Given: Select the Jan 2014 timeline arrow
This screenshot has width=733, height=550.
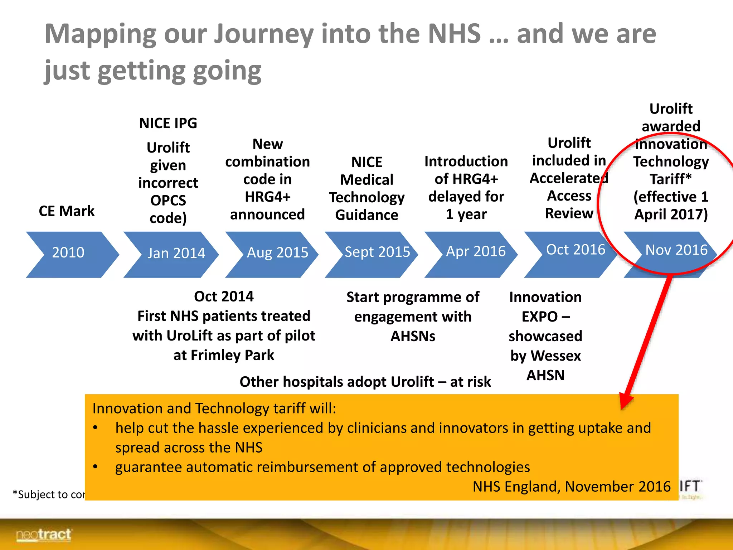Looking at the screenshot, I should pos(172,254).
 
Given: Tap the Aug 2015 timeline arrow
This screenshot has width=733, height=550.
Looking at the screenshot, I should pos(274,254).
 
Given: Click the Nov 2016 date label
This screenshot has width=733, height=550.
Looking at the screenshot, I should pos(676,250).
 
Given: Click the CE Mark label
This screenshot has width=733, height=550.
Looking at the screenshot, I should pos(67,211).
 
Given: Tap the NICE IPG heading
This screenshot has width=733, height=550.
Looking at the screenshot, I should pos(168,124).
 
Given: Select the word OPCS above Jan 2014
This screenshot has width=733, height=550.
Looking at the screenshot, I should pos(168,201).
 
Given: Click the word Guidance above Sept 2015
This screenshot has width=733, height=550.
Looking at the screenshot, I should pos(366,215).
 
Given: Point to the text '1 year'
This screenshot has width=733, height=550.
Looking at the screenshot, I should pos(466,214).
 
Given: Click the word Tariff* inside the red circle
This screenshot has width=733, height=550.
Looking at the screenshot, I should pos(670,179).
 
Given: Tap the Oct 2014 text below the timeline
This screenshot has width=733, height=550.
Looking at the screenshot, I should pos(224,296).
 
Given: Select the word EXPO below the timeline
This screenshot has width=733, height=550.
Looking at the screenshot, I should pos(539,317).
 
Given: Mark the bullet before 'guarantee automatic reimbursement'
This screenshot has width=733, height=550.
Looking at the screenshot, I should pos(95,467).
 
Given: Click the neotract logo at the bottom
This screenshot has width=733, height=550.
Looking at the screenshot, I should pos(44,535).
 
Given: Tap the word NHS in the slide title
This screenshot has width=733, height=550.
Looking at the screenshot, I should pos(454,34).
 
